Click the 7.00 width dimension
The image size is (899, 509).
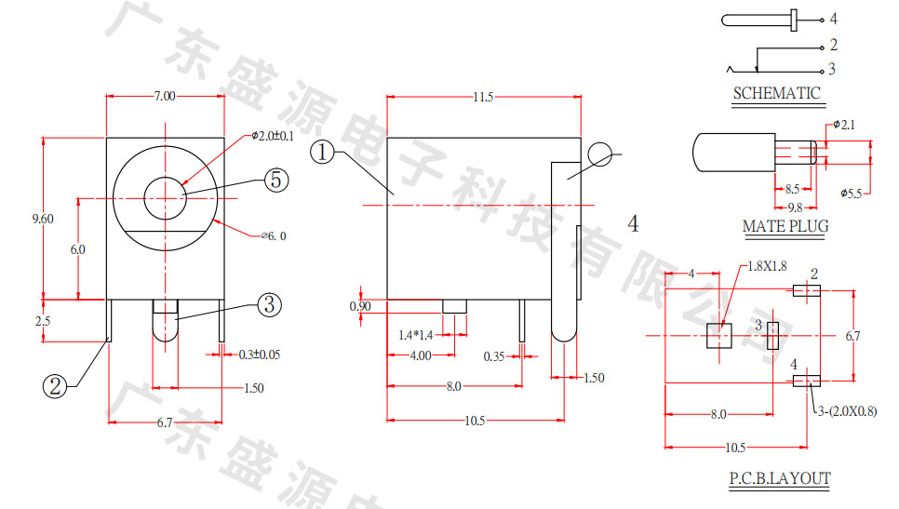tap(164, 95)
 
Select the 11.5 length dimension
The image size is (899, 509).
tap(483, 96)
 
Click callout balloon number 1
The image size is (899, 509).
tap(323, 152)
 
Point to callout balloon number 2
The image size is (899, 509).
tap(54, 386)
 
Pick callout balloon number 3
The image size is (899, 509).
tap(268, 304)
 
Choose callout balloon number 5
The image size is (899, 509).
tap(275, 180)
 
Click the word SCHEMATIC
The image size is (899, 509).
tap(776, 93)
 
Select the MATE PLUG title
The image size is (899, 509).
tap(785, 226)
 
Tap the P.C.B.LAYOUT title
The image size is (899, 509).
tap(779, 479)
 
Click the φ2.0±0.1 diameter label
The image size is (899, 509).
tap(272, 136)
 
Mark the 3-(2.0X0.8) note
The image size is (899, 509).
tap(847, 410)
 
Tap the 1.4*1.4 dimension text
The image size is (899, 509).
tap(415, 334)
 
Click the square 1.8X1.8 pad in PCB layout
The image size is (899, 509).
tap(718, 335)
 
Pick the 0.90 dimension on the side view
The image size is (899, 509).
tap(359, 306)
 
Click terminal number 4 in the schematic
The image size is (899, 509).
tap(833, 19)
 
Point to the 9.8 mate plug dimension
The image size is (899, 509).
tap(795, 207)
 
